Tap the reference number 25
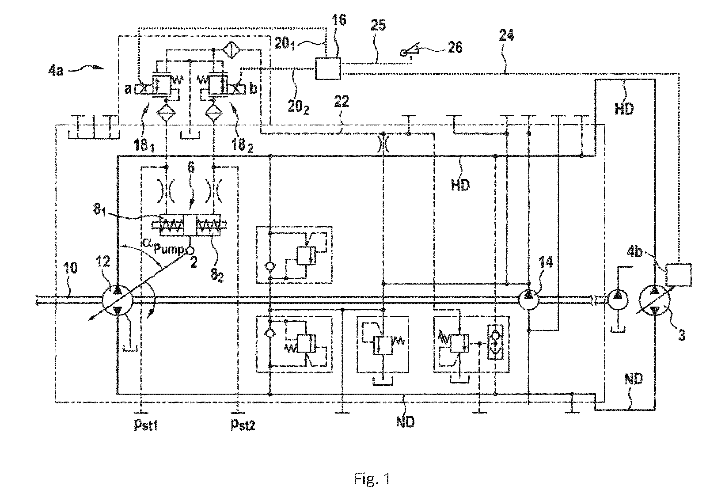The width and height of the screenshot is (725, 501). point(378,25)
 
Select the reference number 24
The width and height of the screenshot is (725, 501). point(506,35)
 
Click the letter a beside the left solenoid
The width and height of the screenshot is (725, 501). point(128,89)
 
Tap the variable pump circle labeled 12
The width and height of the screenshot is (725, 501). point(118,301)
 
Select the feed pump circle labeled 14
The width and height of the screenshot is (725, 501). point(528,300)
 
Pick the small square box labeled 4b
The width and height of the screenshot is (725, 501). point(679,275)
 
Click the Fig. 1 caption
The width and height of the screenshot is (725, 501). point(372,479)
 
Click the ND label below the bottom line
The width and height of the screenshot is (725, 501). point(405,422)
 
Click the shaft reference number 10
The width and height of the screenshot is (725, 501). point(71,269)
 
